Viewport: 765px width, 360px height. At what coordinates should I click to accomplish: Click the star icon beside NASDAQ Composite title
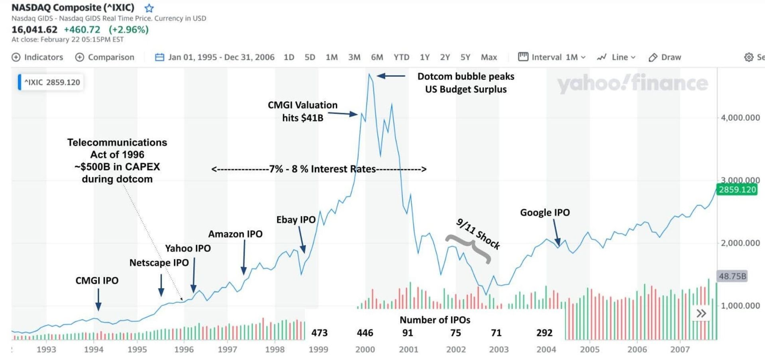coord(149,8)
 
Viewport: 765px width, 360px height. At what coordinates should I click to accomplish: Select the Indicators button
coord(37,57)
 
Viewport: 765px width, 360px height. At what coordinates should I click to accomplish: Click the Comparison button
coord(105,57)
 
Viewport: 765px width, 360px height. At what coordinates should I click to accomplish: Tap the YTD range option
coord(401,57)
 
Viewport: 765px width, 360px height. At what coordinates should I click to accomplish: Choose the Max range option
coord(488,57)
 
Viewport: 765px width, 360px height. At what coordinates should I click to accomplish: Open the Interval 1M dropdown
coord(552,57)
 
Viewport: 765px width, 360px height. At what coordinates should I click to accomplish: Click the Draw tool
coord(665,57)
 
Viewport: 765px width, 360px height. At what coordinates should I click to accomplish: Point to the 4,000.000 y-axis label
coord(740,118)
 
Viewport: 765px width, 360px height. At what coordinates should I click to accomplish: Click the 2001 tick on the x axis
coord(408,350)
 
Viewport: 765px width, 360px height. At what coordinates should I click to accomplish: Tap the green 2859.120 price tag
coord(737,190)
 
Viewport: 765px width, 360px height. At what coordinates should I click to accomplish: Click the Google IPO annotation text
coord(545,213)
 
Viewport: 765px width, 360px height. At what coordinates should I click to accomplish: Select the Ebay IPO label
coord(296,220)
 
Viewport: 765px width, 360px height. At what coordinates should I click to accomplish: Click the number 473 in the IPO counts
coord(319,333)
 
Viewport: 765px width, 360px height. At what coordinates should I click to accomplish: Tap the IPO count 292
coord(544,333)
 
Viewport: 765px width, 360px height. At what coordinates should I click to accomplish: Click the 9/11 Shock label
coord(478,234)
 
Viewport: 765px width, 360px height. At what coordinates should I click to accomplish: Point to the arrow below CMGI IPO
coord(98,299)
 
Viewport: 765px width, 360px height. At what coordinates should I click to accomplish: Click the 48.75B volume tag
coord(732,276)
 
